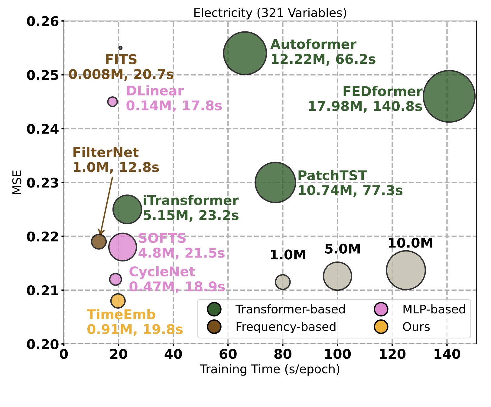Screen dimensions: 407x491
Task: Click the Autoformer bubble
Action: (245, 53)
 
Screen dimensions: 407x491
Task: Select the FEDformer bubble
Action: (449, 96)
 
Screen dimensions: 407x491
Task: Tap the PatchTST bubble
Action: (275, 182)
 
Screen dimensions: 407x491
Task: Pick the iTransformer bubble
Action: (127, 209)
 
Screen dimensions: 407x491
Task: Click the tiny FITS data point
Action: (120, 48)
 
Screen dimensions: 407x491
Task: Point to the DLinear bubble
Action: (112, 101)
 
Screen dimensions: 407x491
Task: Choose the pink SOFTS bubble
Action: (122, 247)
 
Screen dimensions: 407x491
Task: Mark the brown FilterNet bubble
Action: (99, 241)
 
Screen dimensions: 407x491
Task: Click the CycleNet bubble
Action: (115, 279)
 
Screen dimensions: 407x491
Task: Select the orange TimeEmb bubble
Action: (118, 301)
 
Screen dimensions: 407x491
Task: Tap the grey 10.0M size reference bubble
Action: (406, 270)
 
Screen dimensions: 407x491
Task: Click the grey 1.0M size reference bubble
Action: (283, 282)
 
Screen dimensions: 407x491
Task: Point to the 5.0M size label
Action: (343, 249)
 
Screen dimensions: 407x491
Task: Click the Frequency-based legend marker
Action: (214, 327)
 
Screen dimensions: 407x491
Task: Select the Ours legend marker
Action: (381, 327)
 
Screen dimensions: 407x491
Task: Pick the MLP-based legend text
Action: (434, 309)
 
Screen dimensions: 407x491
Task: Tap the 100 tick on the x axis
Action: (337, 354)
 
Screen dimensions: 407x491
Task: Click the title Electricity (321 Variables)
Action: (270, 13)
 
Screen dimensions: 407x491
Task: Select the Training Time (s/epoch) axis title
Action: (270, 369)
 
